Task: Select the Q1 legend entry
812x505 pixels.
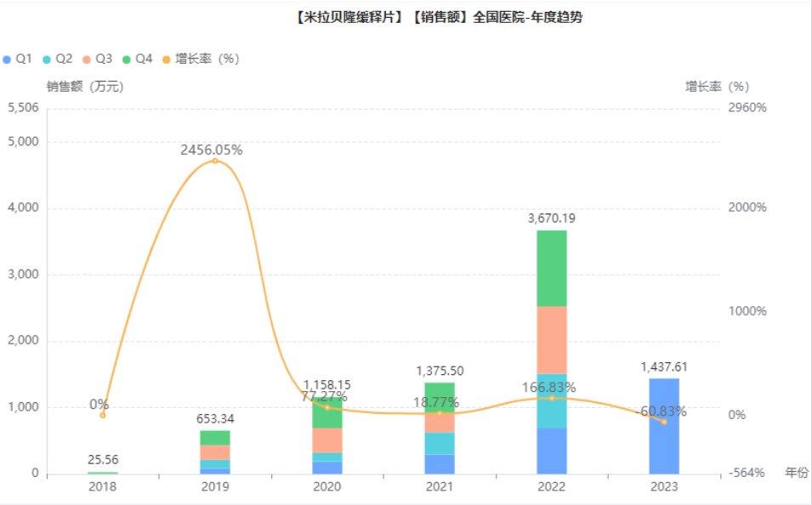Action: (18, 59)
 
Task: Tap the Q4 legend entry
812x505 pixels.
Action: (138, 59)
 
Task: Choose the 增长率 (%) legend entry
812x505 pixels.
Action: (201, 59)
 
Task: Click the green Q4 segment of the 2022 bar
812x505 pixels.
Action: (552, 268)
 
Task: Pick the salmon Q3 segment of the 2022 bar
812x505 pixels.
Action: (552, 339)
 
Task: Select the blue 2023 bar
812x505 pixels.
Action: (664, 425)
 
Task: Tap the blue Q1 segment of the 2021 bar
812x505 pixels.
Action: (440, 463)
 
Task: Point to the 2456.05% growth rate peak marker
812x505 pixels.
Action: (215, 161)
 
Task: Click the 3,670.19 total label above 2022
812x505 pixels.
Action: (552, 218)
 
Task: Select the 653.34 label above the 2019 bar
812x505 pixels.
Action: (215, 418)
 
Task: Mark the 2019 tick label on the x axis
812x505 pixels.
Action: (215, 487)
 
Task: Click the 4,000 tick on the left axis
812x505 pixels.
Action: (24, 208)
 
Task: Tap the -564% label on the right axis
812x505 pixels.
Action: (748, 473)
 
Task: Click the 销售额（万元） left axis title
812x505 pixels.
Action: (85, 86)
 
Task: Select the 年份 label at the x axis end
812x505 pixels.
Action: (797, 472)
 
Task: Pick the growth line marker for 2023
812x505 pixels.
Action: (664, 422)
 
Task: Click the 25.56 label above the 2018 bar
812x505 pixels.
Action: (103, 459)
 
